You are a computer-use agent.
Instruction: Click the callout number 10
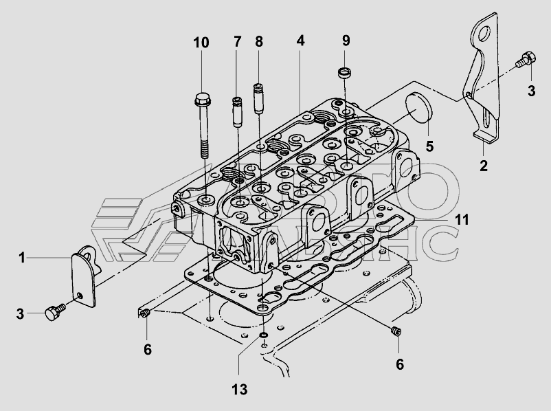pos(201,43)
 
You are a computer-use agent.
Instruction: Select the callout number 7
pos(237,43)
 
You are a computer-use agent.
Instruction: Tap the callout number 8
pos(259,43)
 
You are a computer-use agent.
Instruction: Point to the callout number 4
pos(300,41)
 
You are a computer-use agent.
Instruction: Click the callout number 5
pos(429,146)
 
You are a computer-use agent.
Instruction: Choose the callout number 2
pos(484,165)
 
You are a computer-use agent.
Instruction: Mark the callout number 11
pos(462,220)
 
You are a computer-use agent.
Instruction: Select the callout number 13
pos(238,389)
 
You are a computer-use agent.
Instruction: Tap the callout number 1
pos(22,258)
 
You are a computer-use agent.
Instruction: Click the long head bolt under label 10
pos(204,127)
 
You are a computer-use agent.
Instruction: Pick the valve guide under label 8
pos(260,98)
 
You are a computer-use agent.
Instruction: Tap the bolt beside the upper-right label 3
pos(526,60)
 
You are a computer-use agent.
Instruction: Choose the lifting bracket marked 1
pos(83,274)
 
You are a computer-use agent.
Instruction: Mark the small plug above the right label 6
pos(396,332)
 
